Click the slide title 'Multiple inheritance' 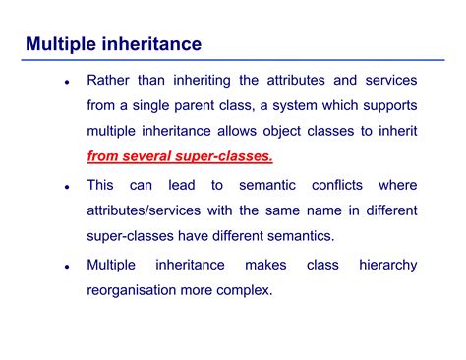click(x=113, y=44)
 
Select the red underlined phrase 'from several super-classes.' click(x=180, y=156)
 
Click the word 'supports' click(x=386, y=105)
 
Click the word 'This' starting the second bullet click(x=101, y=185)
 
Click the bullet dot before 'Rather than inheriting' click(x=66, y=82)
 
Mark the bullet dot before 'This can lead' click(x=66, y=187)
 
